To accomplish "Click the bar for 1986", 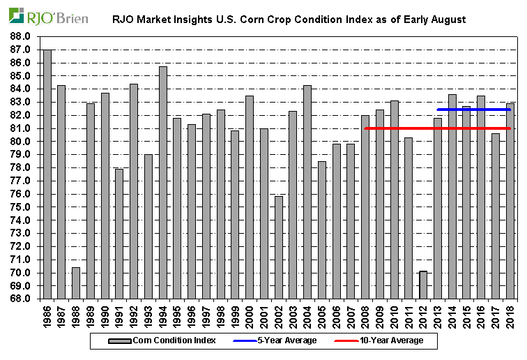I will (x=47, y=174).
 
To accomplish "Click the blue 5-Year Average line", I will (x=474, y=110).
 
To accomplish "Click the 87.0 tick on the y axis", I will (x=20, y=50).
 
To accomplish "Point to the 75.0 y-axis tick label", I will (x=20, y=207).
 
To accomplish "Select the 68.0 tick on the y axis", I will (x=20, y=299).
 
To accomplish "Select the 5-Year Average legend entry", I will (x=282, y=340).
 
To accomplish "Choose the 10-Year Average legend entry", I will (x=388, y=340).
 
